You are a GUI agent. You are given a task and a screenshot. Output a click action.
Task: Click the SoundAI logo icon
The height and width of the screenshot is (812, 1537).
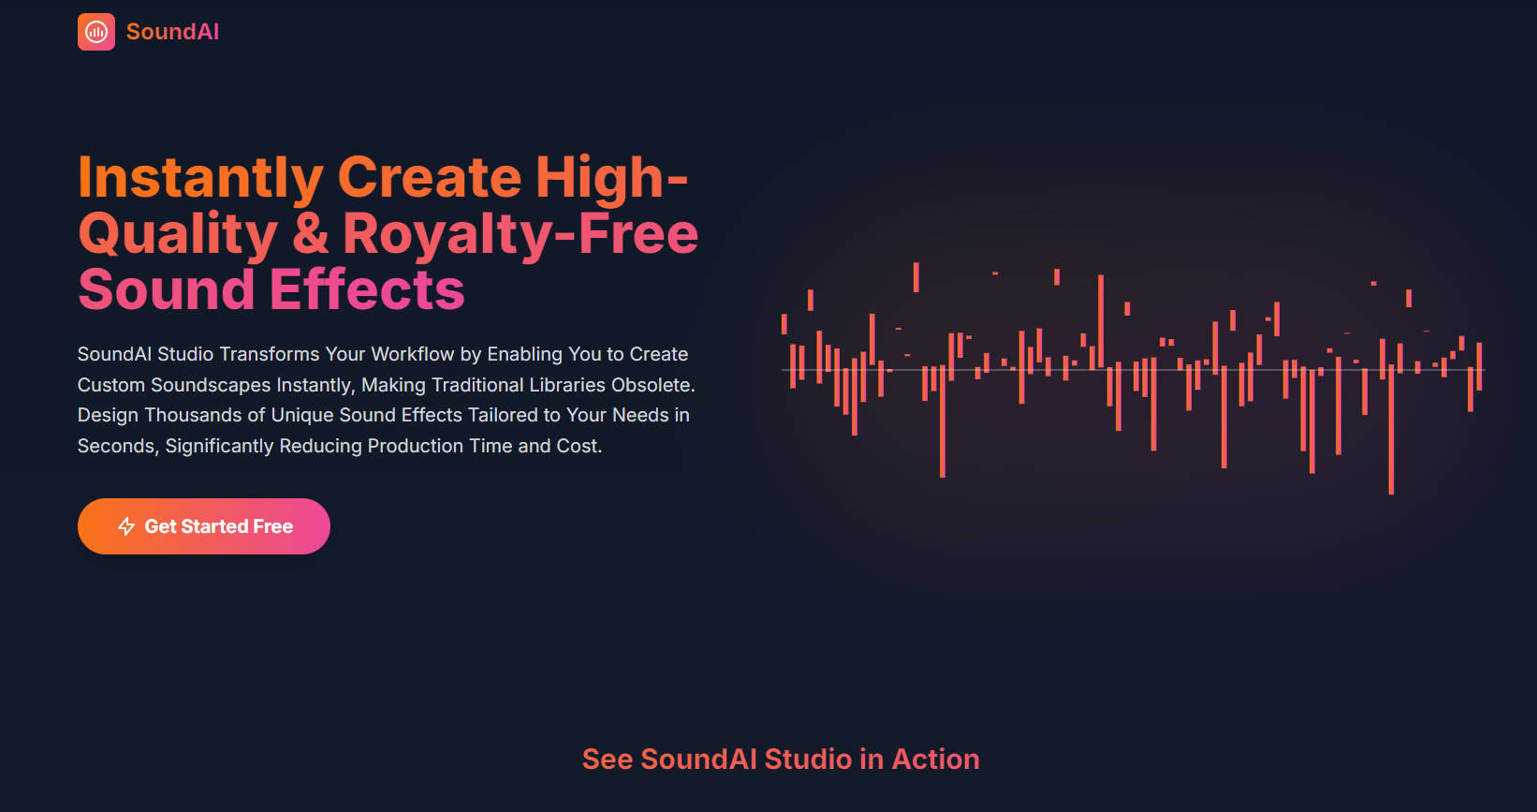(96, 32)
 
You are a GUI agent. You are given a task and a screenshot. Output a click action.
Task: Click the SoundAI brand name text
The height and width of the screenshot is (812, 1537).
(172, 32)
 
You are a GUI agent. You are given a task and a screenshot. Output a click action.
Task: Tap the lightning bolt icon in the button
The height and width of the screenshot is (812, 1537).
(126, 526)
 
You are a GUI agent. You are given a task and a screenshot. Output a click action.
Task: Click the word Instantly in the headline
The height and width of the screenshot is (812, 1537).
(200, 178)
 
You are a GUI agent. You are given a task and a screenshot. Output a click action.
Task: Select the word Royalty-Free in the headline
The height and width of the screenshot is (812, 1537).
(520, 234)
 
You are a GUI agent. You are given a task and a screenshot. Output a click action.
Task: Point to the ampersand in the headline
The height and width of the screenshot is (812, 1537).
(310, 234)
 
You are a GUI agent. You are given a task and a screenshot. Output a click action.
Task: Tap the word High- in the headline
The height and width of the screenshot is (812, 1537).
(611, 178)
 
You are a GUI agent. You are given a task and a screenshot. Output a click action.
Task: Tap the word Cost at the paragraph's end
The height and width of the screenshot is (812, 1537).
(578, 446)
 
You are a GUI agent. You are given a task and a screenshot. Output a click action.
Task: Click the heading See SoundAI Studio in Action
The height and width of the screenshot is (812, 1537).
(781, 759)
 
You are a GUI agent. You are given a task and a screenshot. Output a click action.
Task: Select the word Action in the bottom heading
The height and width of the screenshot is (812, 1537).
(935, 759)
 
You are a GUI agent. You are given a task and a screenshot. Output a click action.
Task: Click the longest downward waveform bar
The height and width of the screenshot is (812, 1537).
(1391, 431)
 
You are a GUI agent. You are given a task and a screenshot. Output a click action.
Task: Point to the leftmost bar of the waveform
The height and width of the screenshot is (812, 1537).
(784, 324)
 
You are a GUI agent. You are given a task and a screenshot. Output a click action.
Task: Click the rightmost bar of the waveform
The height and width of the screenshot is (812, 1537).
(1479, 365)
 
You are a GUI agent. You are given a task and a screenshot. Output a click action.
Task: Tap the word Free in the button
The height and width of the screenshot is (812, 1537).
(272, 526)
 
